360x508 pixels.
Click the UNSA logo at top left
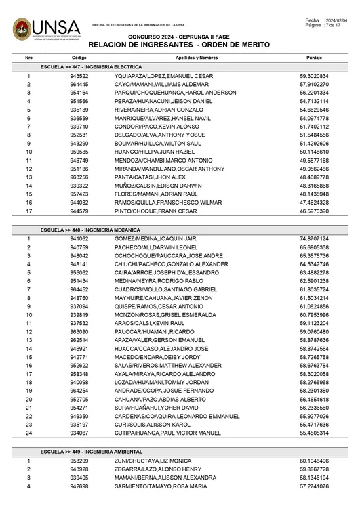pos(45,28)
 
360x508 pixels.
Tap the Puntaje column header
pos(314,58)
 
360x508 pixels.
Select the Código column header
pos(79,58)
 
